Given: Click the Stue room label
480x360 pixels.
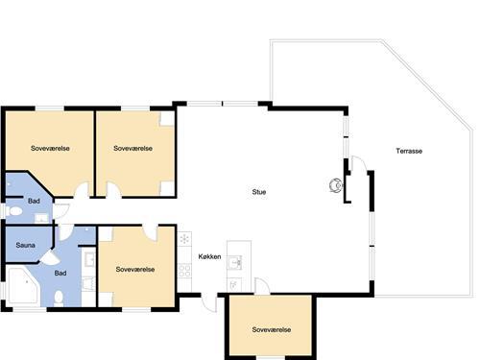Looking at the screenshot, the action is [x=259, y=192].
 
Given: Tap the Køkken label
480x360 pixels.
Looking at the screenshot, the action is [x=209, y=256].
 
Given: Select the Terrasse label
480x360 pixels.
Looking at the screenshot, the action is [x=409, y=151].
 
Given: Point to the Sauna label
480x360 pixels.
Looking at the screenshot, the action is [x=25, y=245].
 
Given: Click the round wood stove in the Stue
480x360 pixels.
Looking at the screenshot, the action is [x=336, y=185].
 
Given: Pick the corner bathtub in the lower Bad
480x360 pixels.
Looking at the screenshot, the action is [x=22, y=286].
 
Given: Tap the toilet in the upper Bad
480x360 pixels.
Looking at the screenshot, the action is [x=13, y=211].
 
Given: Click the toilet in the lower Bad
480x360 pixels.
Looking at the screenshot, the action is [x=59, y=299].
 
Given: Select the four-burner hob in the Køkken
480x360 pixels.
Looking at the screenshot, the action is [x=184, y=270].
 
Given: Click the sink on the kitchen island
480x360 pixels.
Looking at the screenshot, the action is [x=235, y=262].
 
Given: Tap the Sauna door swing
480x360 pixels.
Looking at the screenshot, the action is [x=47, y=257].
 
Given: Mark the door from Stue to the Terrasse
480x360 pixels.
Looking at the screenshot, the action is [x=359, y=163].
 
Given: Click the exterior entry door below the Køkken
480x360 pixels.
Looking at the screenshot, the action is [x=208, y=302].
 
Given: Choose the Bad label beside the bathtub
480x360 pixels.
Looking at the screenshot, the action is [x=60, y=273].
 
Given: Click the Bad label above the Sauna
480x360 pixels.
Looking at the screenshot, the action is [x=34, y=201].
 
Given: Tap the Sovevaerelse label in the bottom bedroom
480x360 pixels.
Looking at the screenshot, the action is [x=272, y=329].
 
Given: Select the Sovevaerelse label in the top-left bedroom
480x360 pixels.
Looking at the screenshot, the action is [x=50, y=148].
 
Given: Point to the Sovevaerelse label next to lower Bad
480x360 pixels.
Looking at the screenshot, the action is [x=135, y=270].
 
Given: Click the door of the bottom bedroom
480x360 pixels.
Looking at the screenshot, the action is [x=262, y=285].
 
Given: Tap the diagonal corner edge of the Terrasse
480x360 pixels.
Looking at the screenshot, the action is [x=427, y=84].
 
